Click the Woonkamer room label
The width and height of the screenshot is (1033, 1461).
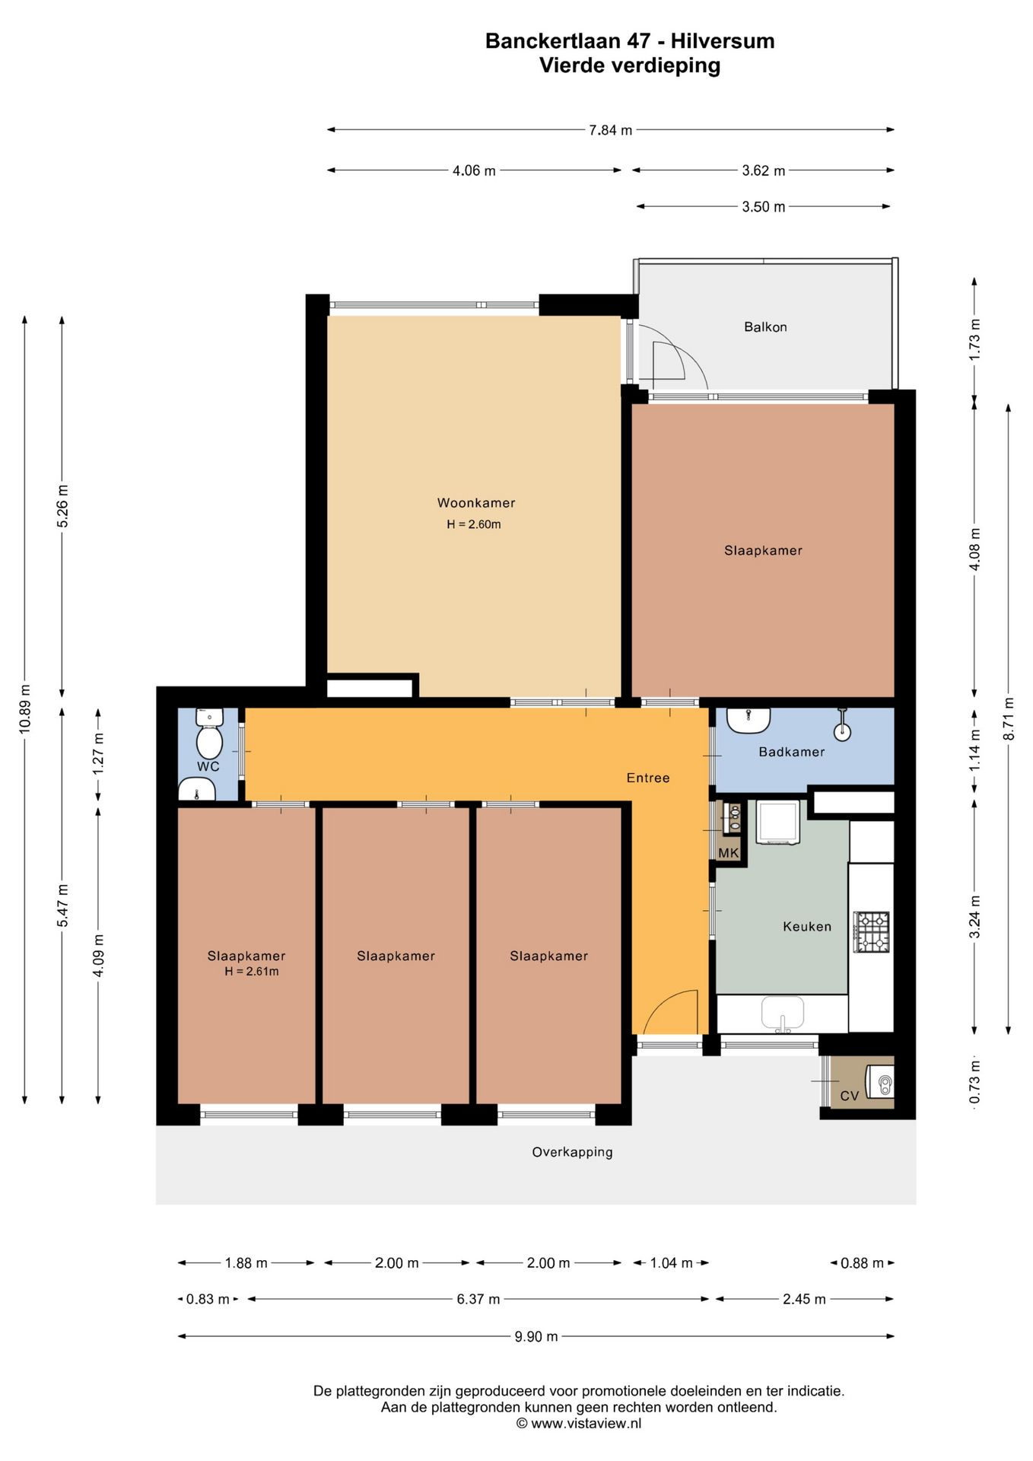tap(476, 503)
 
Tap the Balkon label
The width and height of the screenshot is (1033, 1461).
tap(765, 327)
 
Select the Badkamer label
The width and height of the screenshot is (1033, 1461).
tap(792, 752)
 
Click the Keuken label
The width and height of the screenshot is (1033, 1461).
tap(807, 926)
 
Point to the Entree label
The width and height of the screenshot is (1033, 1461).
tap(648, 778)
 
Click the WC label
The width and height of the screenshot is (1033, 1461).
tap(208, 766)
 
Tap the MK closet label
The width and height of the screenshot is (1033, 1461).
tap(729, 853)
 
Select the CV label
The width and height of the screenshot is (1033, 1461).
tap(850, 1096)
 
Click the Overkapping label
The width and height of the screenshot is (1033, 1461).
tap(572, 1152)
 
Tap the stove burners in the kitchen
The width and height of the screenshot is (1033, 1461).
tap(872, 932)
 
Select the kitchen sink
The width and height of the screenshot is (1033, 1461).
tap(783, 1014)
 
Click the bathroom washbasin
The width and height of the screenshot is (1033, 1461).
tap(749, 720)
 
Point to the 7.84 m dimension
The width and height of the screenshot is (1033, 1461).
tap(611, 130)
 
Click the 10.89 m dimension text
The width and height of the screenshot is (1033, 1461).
tap(25, 709)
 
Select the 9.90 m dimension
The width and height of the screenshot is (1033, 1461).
tap(536, 1336)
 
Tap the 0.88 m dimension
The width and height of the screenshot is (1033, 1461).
tap(862, 1263)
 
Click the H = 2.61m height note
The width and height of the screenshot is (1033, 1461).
tap(252, 972)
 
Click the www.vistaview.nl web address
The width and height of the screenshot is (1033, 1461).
tap(586, 1424)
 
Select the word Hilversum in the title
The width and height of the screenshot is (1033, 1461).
tap(723, 41)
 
